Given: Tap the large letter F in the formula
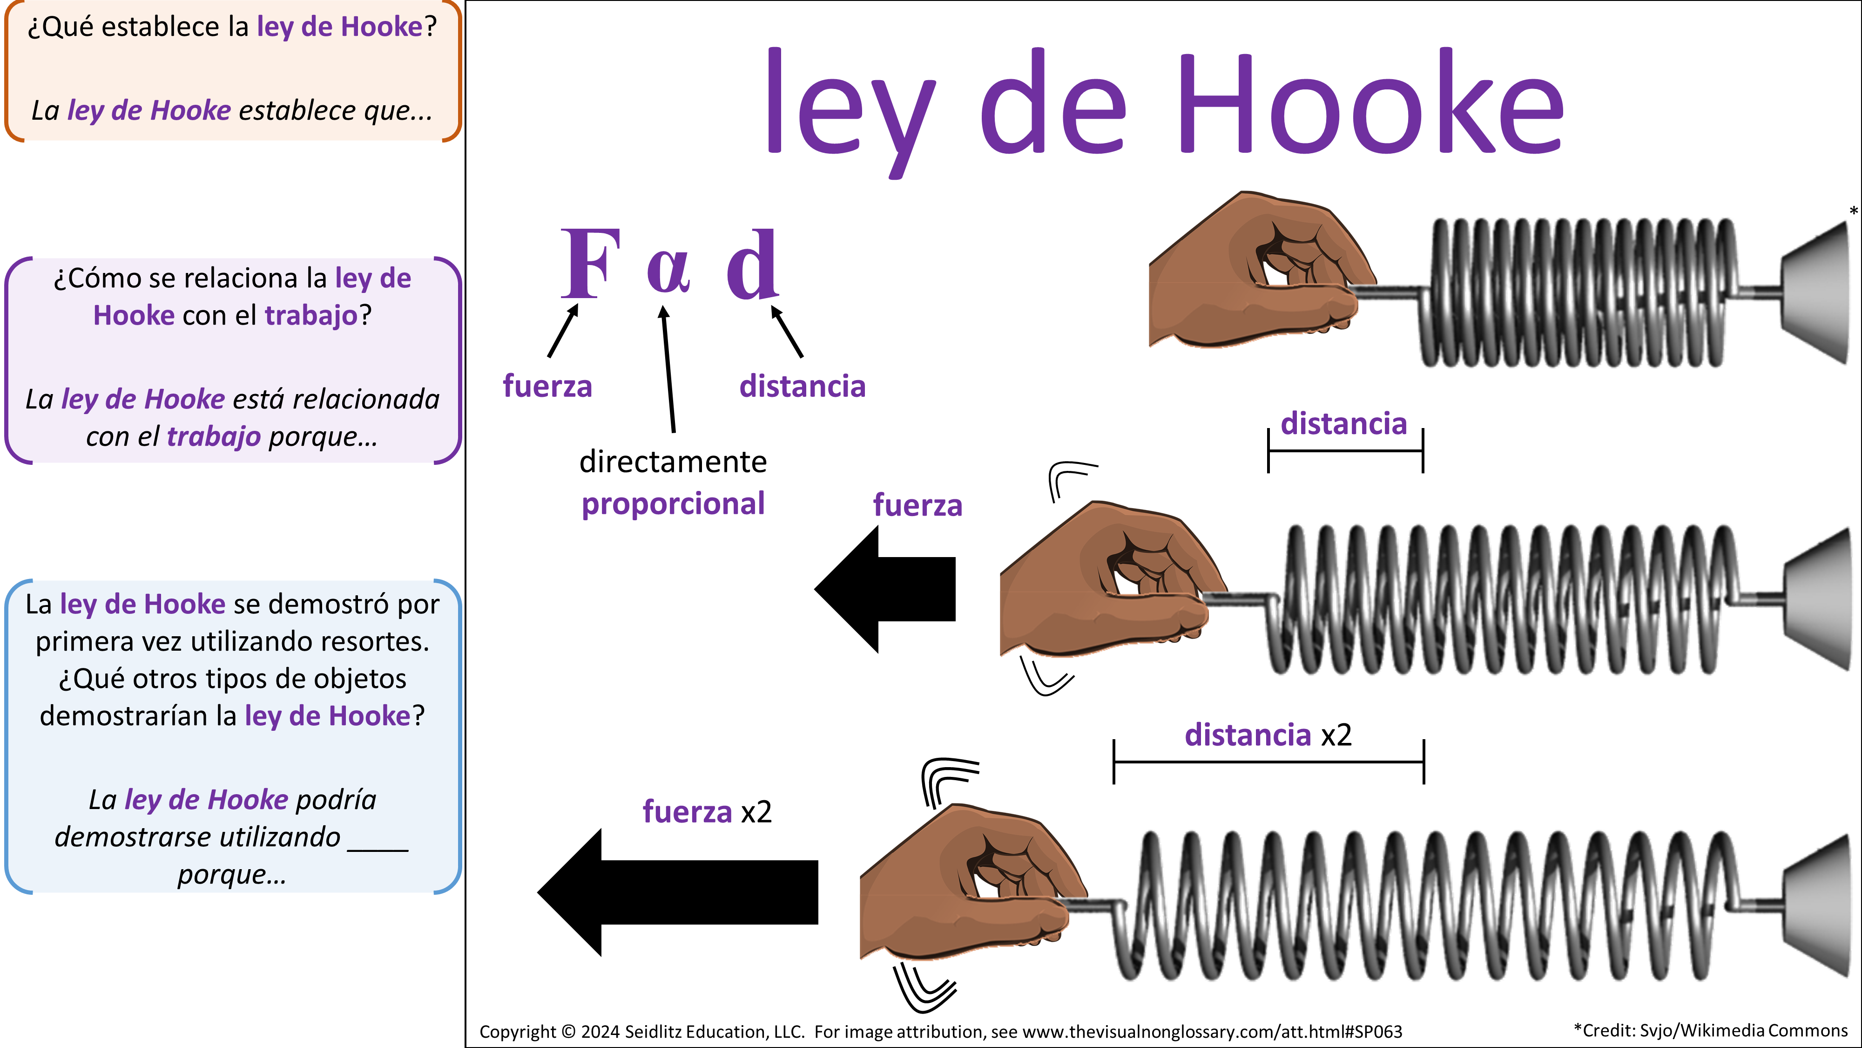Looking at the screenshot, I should click(591, 264).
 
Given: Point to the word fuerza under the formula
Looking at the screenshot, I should click(547, 386).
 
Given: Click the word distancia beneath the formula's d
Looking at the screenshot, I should click(802, 386).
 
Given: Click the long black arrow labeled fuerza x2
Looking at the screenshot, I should click(677, 892).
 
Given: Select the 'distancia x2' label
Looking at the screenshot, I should click(1267, 735).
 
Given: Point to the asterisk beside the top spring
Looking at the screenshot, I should click(1853, 211).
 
